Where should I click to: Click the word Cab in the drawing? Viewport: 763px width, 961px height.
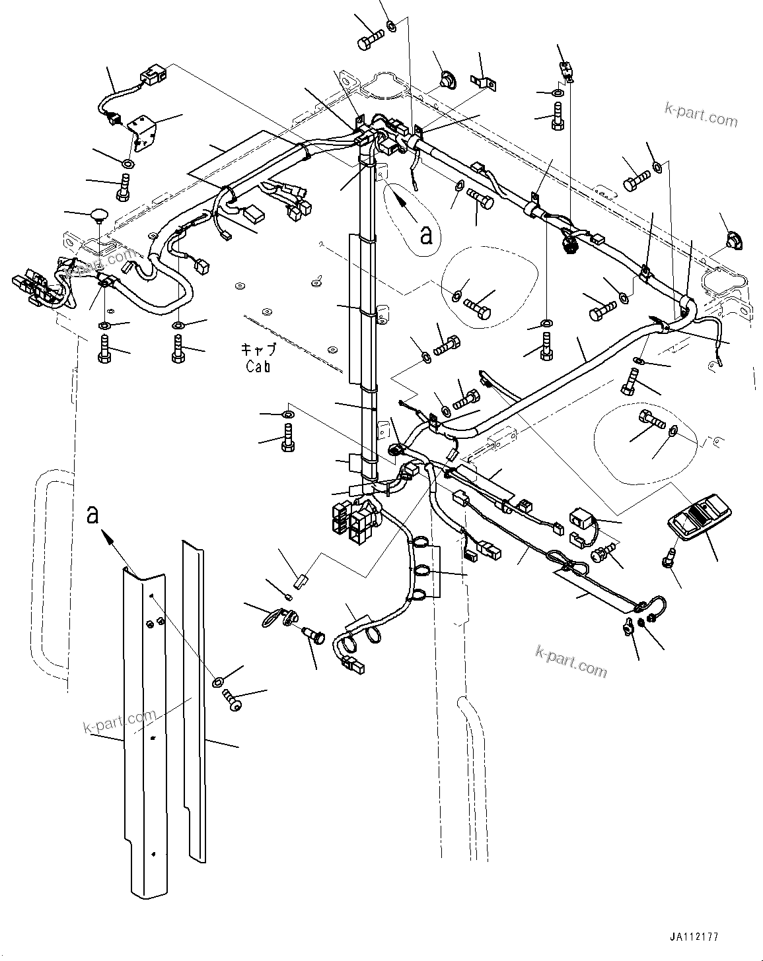(258, 367)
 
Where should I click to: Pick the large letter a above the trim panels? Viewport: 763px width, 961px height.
(93, 514)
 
